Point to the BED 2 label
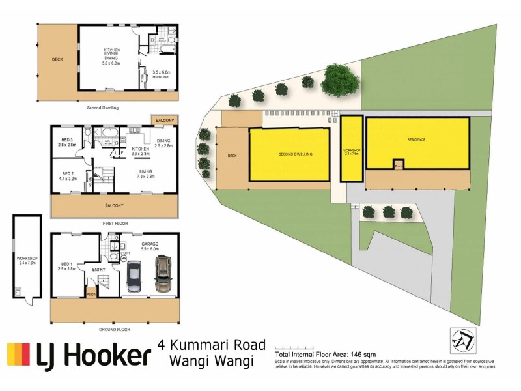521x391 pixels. pos(67,174)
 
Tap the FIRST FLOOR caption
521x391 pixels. pos(114,223)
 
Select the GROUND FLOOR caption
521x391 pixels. pos(114,330)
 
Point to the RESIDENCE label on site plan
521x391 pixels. pos(416,139)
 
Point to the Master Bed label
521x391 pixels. pos(161,76)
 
